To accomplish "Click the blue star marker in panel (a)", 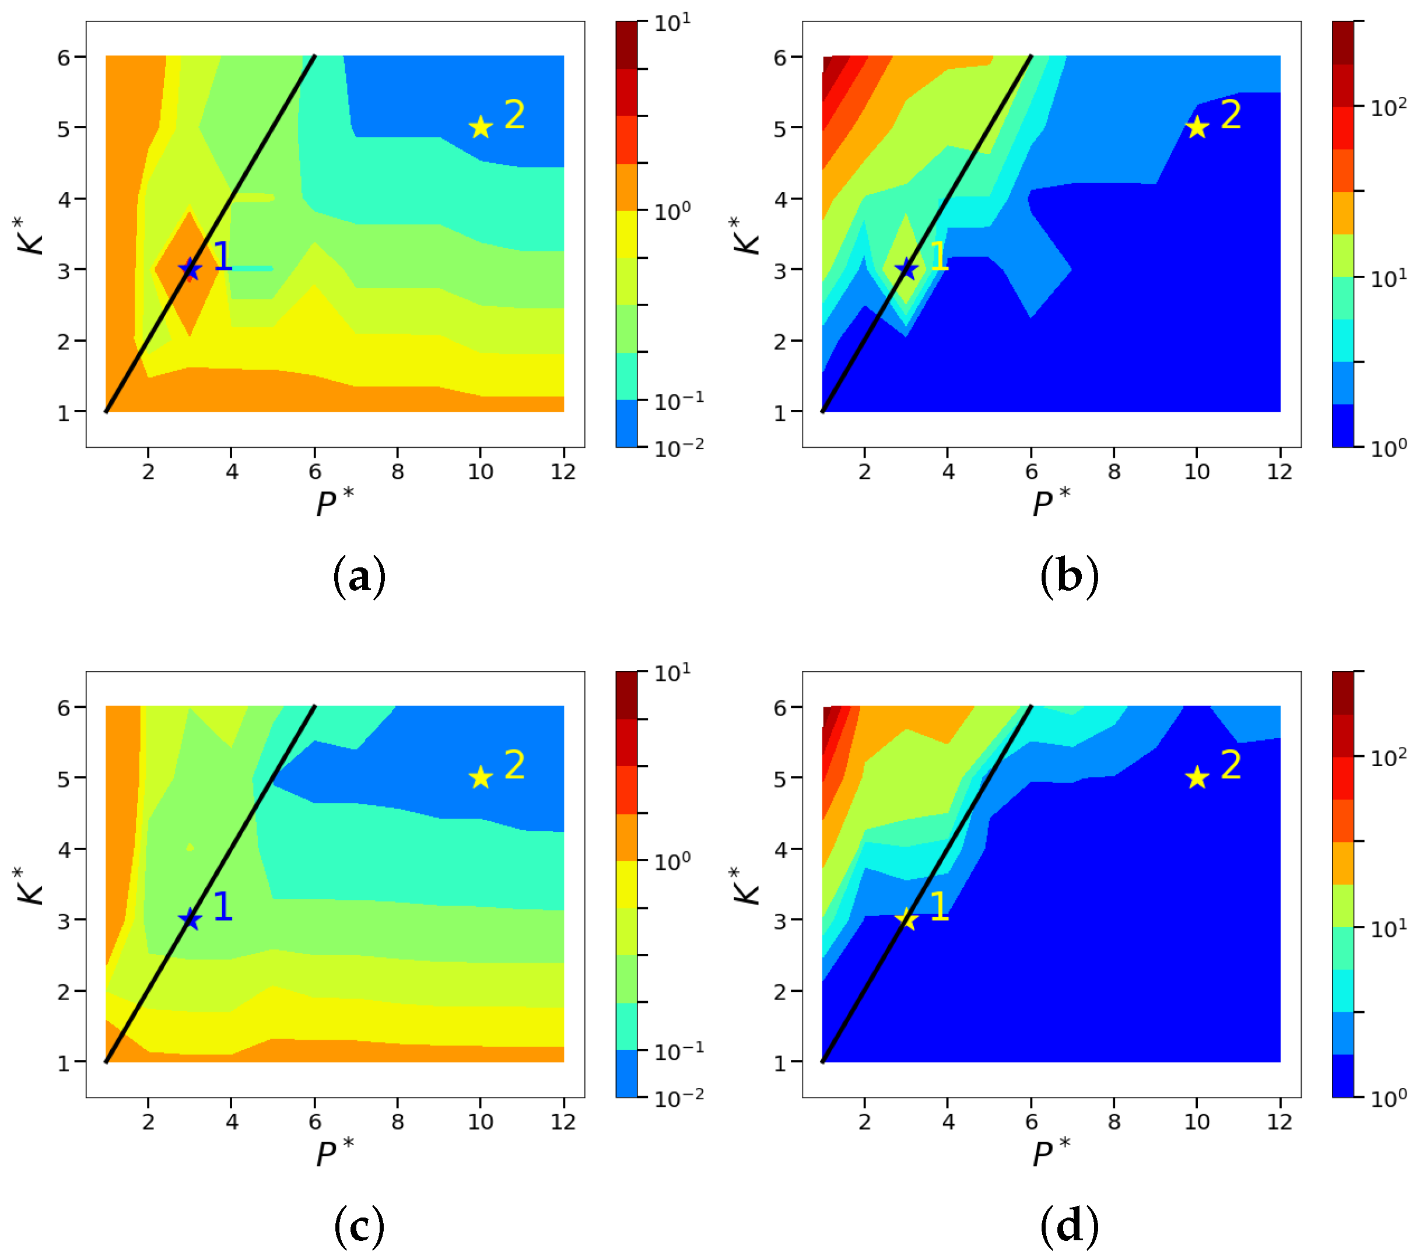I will (190, 269).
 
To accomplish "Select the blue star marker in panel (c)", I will (190, 920).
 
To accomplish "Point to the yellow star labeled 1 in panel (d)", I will (906, 920).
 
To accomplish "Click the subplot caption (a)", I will (359, 576).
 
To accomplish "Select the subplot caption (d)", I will (1069, 1226).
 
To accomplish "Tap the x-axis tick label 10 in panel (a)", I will (480, 472).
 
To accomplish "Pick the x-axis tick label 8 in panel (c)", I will (397, 1122).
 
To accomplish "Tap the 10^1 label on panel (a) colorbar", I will (672, 23).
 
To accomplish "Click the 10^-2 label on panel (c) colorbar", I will (678, 1098).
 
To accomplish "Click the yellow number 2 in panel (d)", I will (1231, 765).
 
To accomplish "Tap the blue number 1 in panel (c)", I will (222, 906).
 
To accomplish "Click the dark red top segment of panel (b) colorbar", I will (1342, 41).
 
